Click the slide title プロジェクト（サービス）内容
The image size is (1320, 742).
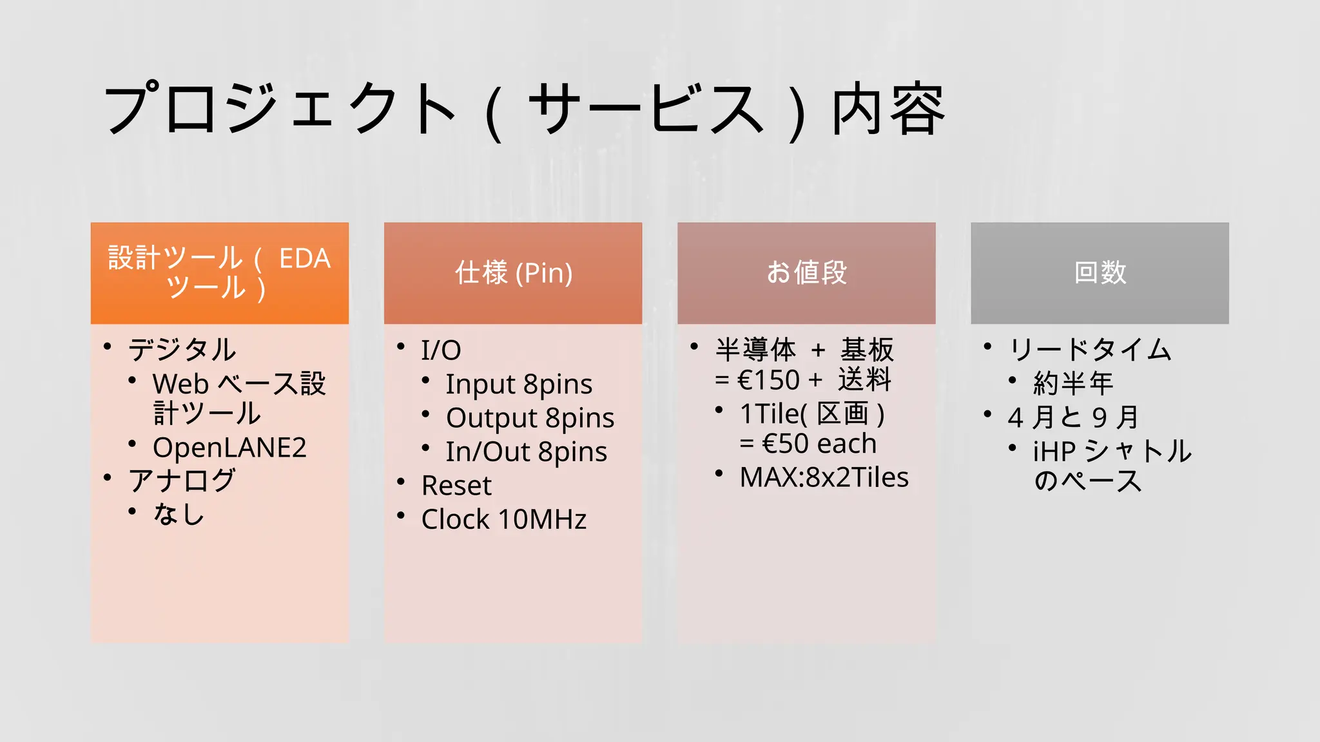point(523,109)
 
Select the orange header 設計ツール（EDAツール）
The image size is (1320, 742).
point(219,272)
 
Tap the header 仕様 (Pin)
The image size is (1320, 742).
point(513,272)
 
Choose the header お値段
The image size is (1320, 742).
point(806,272)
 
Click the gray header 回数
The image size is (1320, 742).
point(1100,272)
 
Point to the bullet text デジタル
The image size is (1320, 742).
point(182,350)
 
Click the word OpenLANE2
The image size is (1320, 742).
point(229,448)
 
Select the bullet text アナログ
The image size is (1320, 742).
point(182,480)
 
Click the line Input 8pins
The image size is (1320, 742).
point(519,385)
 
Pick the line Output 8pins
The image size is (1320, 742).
point(530,418)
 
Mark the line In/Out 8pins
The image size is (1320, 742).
point(526,452)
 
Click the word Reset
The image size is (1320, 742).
point(456,486)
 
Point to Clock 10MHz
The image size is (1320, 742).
point(504,519)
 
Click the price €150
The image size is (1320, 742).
point(768,380)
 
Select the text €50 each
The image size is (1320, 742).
point(819,444)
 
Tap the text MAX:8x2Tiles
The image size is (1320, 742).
point(824,477)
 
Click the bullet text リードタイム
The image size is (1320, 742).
point(1090,350)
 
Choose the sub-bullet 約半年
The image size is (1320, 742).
point(1073,384)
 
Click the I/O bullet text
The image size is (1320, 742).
point(441,350)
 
